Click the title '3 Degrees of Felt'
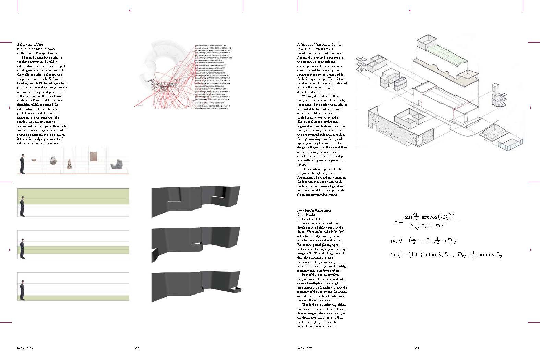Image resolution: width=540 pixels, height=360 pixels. point(30,45)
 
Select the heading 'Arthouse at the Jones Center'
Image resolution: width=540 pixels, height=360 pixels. point(319,45)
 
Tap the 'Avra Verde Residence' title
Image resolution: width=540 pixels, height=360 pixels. point(314,210)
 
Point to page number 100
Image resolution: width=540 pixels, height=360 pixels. point(137,348)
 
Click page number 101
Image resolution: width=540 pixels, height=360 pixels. point(417,348)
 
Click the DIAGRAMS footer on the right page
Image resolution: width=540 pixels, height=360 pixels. point(305,348)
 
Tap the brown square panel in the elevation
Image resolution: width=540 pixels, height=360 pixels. point(93,156)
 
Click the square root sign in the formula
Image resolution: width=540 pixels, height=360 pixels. point(417,226)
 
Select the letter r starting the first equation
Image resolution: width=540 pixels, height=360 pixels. point(396,222)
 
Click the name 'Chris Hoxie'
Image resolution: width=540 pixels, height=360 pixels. point(306,215)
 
